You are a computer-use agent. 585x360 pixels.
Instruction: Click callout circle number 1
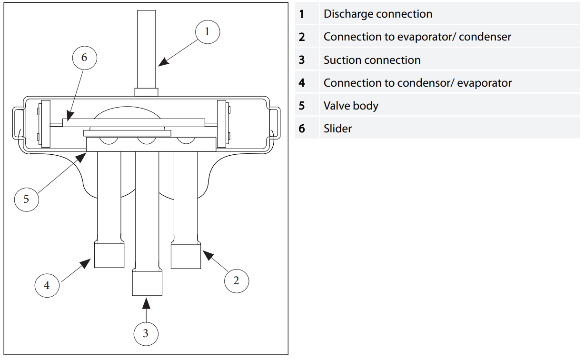207,32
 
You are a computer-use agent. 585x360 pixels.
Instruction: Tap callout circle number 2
236,280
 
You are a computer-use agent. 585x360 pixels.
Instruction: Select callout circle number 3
146,333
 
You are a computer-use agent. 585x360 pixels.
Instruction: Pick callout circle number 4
47,285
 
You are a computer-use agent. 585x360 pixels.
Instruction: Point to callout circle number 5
26,199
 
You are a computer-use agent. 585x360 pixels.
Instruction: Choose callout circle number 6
84,58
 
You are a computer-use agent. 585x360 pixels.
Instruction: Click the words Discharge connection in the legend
377,14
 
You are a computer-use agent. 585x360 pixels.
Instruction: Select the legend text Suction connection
372,60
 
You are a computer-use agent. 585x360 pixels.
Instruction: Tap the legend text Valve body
351,106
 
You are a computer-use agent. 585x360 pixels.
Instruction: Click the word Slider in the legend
337,129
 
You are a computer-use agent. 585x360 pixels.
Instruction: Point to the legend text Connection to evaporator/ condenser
417,37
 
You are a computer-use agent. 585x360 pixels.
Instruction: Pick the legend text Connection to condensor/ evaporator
417,83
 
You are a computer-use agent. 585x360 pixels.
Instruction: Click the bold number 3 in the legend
302,60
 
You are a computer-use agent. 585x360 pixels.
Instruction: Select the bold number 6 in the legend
302,129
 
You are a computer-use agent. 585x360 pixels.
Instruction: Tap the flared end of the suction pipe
147,283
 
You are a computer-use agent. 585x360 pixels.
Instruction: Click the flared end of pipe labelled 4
109,255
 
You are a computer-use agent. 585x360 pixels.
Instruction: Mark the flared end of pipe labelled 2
186,256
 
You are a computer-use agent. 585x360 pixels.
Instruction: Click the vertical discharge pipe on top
147,48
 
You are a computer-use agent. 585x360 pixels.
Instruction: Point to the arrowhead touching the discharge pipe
162,62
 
